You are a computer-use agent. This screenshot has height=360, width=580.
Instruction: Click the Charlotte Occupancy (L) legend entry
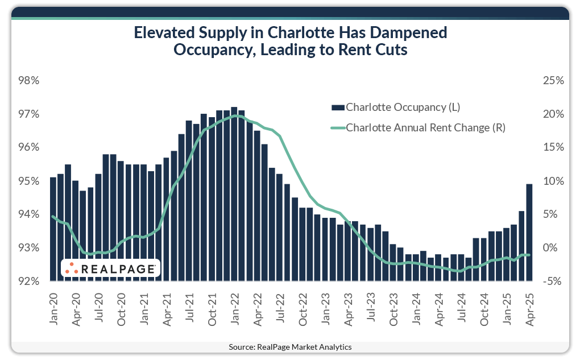point(403,107)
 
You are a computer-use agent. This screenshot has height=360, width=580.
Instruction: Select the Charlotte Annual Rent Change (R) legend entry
point(425,128)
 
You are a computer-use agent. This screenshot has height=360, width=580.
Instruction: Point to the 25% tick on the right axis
point(553,81)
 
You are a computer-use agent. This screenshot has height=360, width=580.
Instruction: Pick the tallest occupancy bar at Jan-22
point(234,194)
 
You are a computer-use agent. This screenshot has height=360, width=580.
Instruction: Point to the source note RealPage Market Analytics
point(290,346)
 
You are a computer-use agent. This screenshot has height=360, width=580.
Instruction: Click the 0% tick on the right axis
point(554,248)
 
